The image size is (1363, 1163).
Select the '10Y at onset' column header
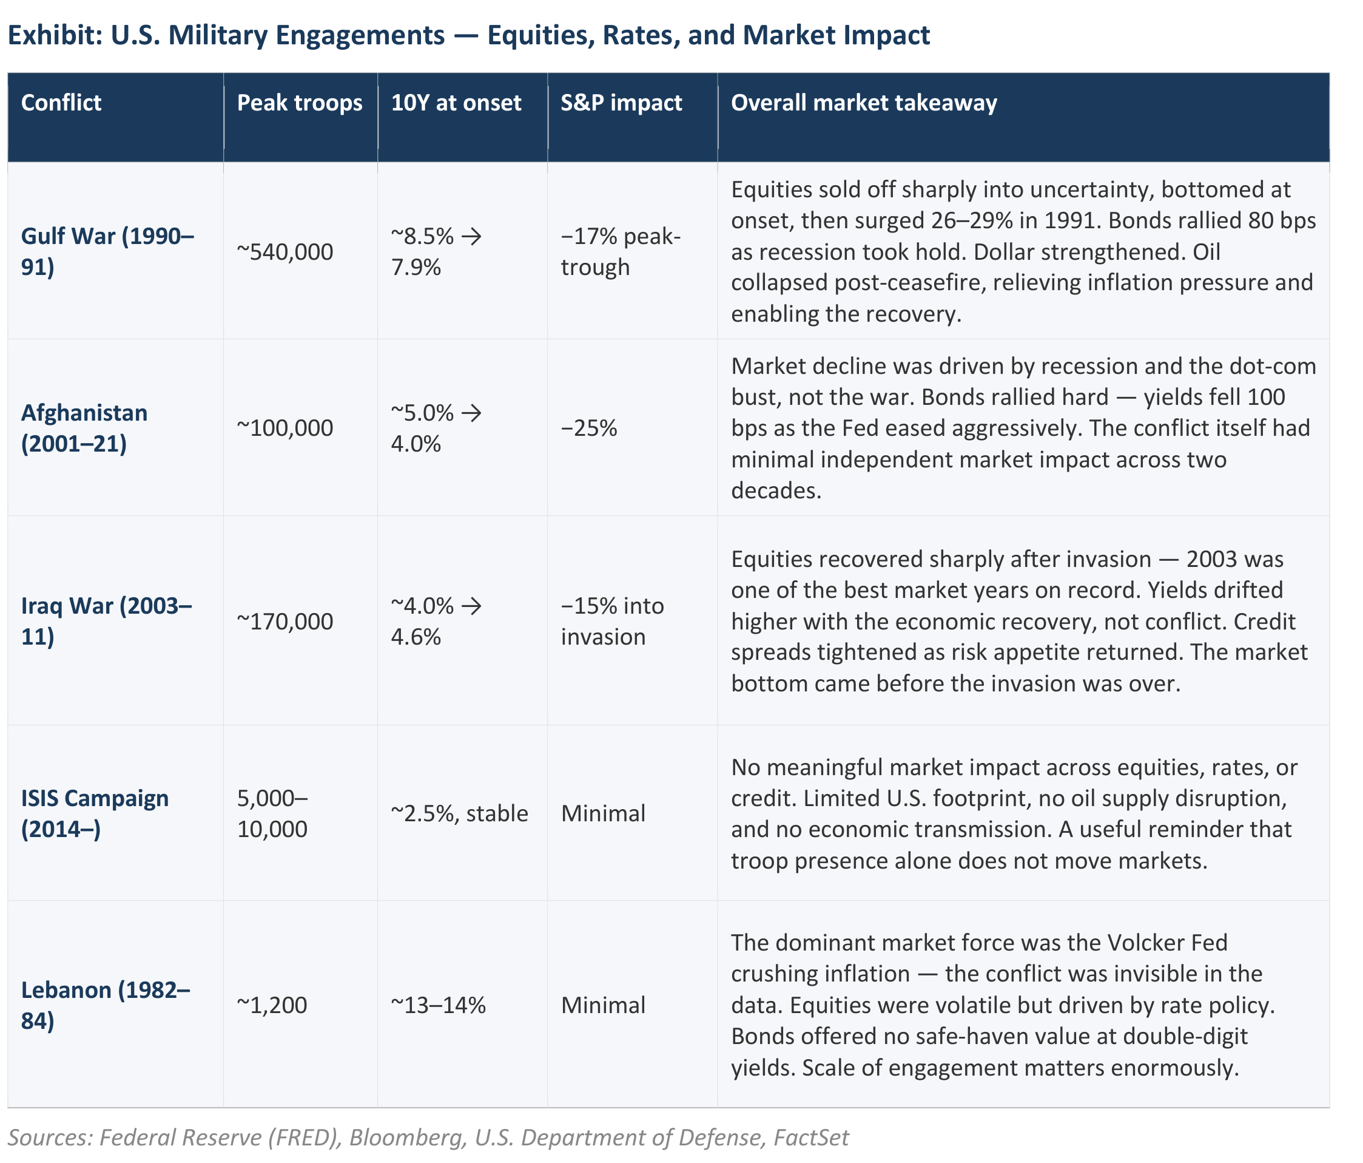[456, 103]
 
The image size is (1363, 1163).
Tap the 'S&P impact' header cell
[621, 103]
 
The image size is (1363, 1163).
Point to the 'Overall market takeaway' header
[864, 103]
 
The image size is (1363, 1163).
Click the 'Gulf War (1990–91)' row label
[107, 251]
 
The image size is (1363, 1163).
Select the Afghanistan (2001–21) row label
[84, 428]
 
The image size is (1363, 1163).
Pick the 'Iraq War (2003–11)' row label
[107, 621]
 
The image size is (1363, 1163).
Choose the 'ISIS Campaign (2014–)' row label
[95, 813]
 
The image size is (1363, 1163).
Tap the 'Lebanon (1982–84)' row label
[106, 1005]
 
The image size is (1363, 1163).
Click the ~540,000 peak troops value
[285, 251]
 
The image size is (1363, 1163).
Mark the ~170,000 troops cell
[285, 621]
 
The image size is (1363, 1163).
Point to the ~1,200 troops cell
[272, 1005]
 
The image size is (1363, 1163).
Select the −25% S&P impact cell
[589, 428]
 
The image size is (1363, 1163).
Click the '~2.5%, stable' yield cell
[459, 813]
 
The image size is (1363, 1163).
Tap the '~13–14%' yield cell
[438, 1005]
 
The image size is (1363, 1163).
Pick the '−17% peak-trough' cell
[621, 251]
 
